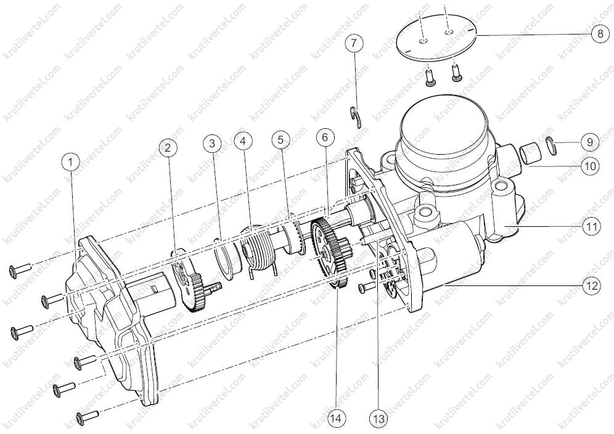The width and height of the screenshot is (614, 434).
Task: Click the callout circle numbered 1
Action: click(x=71, y=162)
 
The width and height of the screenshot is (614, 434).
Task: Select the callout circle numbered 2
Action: click(x=168, y=147)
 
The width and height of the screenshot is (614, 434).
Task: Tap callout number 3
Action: click(x=212, y=143)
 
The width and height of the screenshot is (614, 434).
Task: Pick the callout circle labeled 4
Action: click(x=243, y=141)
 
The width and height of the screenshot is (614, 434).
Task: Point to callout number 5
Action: click(x=280, y=139)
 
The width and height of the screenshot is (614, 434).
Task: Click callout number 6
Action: click(x=325, y=137)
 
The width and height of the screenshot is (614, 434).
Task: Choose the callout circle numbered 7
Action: click(x=354, y=43)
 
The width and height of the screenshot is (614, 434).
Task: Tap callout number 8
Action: click(x=600, y=34)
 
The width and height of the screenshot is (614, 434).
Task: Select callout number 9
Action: click(x=590, y=142)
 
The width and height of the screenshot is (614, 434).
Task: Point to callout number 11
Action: click(x=591, y=226)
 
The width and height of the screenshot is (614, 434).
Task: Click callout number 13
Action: click(x=379, y=419)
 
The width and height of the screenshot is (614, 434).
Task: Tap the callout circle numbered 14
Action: click(x=336, y=419)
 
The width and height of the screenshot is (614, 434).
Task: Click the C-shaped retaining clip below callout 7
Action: click(x=356, y=117)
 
